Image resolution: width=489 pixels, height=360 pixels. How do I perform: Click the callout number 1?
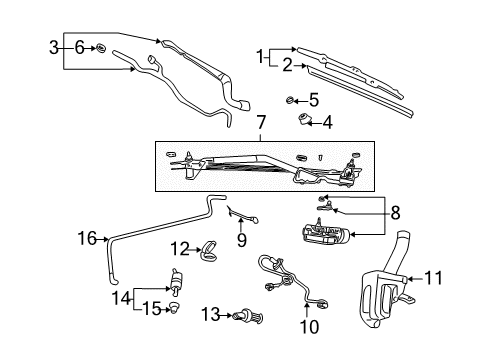262,55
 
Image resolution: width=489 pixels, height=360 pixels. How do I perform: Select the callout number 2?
288,66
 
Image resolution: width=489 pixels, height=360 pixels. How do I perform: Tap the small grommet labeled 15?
176,308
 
